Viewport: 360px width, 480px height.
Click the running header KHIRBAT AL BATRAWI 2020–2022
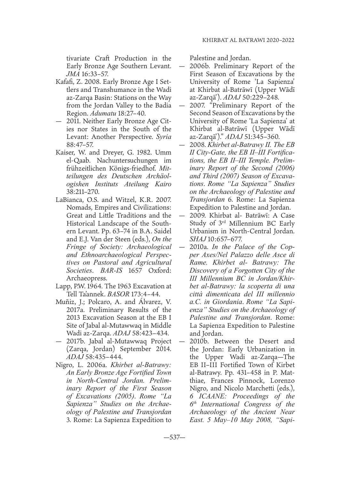point(248,41)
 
